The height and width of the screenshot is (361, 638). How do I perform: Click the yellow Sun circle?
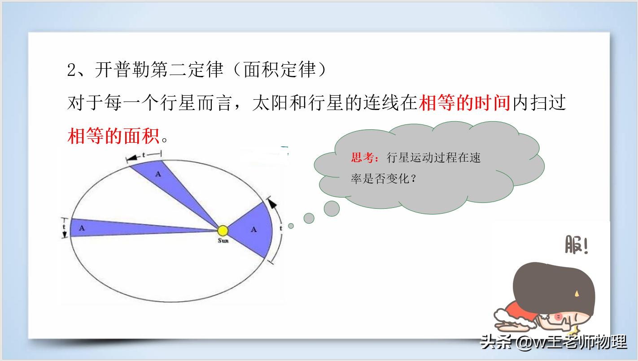click(223, 231)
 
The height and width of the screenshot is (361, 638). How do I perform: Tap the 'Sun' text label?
click(223, 241)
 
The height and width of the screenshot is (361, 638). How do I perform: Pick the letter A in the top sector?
click(157, 174)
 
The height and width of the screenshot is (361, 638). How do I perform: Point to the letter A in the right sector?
click(254, 229)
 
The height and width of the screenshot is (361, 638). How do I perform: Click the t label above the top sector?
click(144, 155)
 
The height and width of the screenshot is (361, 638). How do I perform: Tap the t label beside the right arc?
click(281, 228)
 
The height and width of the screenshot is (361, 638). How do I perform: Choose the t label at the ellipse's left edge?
click(64, 227)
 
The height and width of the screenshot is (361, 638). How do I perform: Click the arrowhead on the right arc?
click(271, 203)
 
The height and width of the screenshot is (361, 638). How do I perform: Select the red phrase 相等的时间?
click(465, 103)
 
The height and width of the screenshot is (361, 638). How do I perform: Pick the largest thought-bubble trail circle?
click(332, 208)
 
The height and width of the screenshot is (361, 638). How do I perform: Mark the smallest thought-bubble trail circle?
click(291, 226)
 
